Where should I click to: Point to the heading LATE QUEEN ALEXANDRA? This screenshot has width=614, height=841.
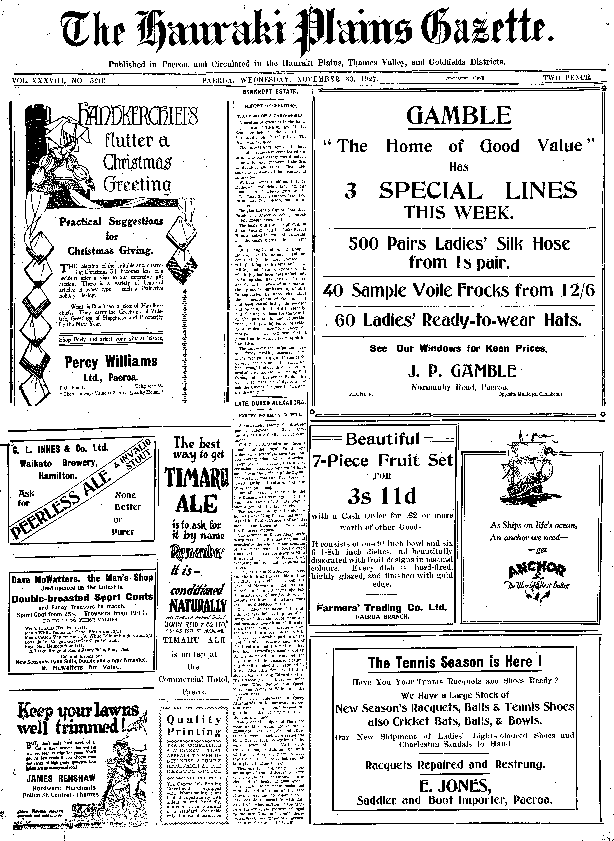pos(270,403)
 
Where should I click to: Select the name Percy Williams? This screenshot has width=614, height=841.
pos(111,362)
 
